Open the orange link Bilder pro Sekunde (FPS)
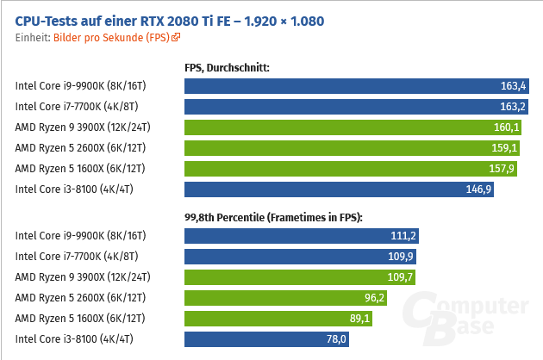tap(112, 37)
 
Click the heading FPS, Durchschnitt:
tap(228, 66)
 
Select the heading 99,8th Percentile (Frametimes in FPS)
tap(273, 216)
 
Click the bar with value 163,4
tap(357, 86)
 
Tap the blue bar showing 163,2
tap(357, 107)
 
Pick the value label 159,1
tap(504, 148)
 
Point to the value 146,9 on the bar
tap(478, 189)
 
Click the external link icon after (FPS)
tap(177, 37)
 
